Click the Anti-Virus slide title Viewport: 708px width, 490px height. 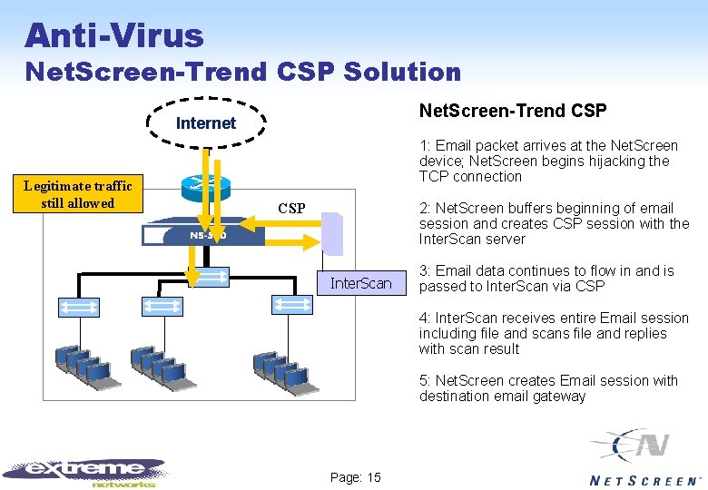[114, 35]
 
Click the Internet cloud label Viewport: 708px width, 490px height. [205, 123]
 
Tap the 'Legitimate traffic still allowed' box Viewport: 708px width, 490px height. [78, 194]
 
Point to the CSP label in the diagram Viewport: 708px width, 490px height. [291, 209]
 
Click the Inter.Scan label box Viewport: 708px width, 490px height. [360, 284]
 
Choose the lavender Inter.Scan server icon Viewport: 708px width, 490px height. [333, 233]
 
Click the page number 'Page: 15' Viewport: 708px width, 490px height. [355, 477]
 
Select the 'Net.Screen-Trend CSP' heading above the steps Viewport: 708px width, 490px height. [512, 111]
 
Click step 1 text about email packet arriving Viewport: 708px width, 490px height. [548, 161]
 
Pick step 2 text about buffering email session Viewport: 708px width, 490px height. [554, 223]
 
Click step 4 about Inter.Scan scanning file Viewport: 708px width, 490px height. [554, 333]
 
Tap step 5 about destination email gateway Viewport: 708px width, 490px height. [548, 387]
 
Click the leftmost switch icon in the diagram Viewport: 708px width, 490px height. [78, 307]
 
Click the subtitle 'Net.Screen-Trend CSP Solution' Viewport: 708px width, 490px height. [243, 71]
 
